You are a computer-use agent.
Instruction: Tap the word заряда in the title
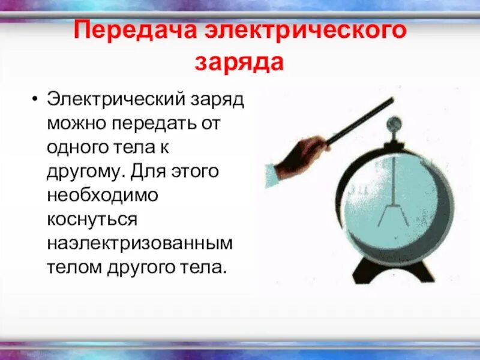point(240,62)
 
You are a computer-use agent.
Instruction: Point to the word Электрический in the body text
point(112,98)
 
